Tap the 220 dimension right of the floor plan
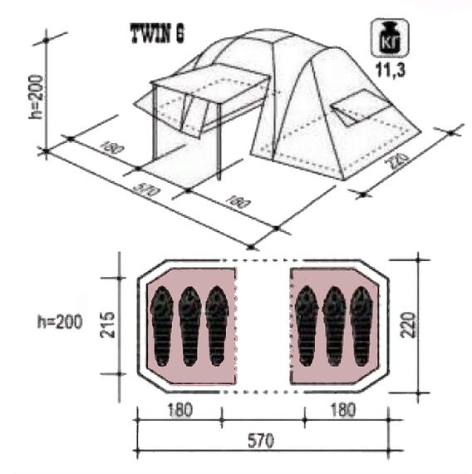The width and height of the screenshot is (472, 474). [x=406, y=326]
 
